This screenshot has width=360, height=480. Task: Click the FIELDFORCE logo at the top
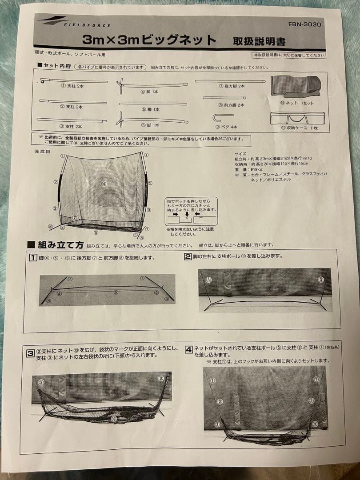[x=74, y=22]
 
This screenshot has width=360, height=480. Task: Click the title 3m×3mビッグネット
[x=149, y=40]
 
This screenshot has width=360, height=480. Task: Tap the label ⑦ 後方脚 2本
[x=232, y=86]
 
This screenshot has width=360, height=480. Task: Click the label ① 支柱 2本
[x=73, y=86]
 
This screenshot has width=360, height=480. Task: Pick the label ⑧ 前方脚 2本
[x=231, y=105]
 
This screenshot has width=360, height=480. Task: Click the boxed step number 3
[x=30, y=354]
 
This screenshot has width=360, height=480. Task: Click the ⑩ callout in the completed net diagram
[x=103, y=183]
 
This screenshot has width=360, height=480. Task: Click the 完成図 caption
[x=43, y=152]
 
